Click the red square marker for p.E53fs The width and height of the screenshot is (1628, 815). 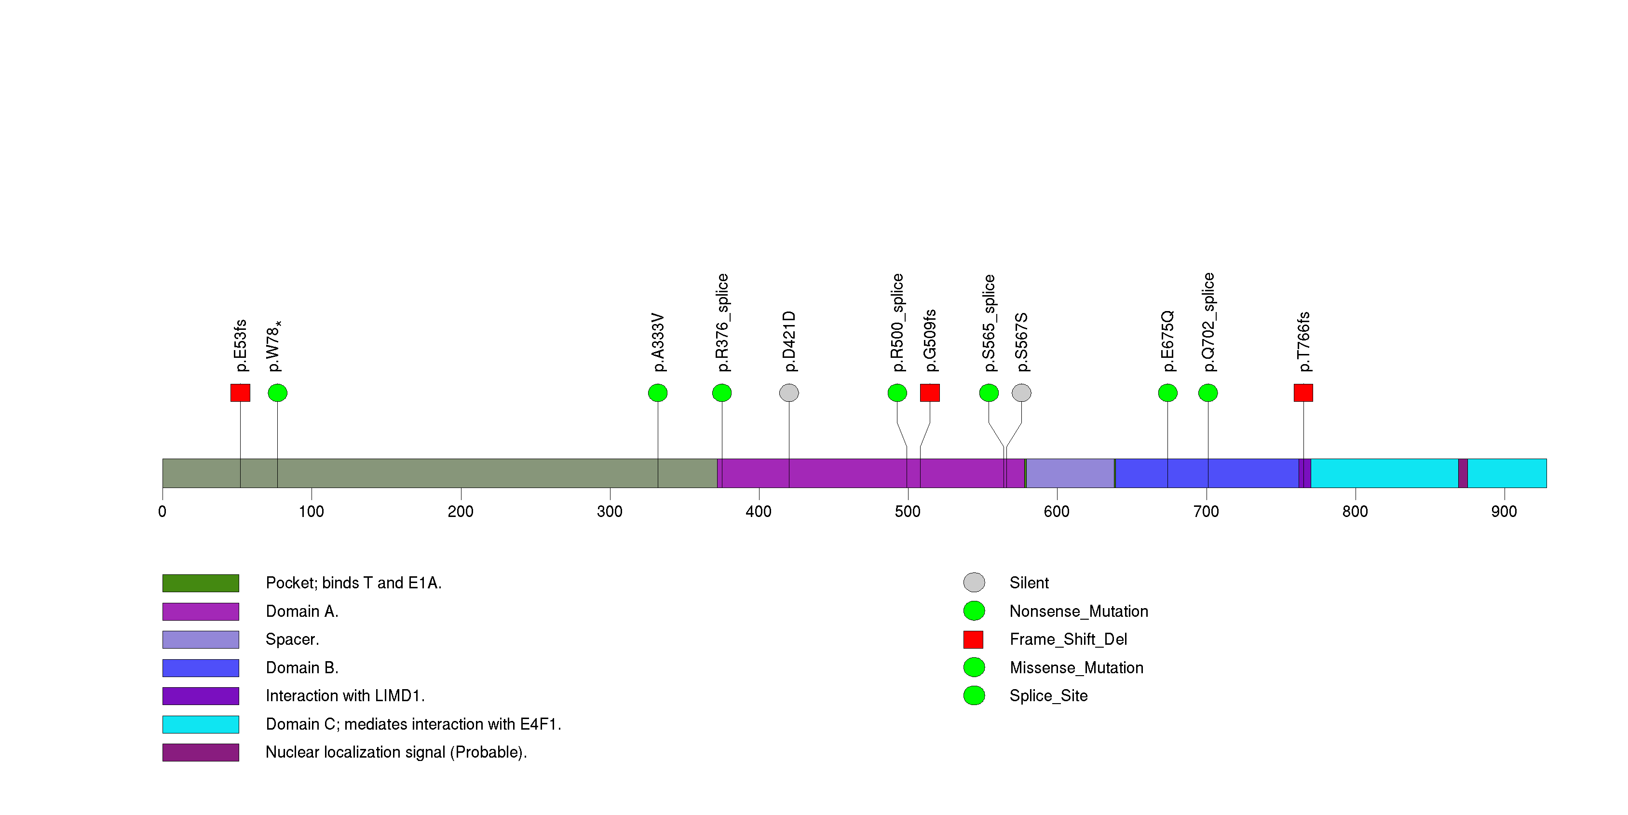(x=240, y=393)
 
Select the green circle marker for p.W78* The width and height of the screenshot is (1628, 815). (x=277, y=393)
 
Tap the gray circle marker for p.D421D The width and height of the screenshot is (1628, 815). (x=789, y=393)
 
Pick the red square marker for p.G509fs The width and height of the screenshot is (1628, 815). (x=930, y=393)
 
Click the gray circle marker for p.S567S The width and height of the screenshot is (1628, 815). (x=1021, y=393)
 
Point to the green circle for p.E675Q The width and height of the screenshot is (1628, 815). (x=1167, y=393)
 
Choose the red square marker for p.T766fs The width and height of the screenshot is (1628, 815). (x=1303, y=393)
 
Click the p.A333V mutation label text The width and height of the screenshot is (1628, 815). (x=658, y=342)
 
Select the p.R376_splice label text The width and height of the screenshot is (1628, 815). (x=722, y=323)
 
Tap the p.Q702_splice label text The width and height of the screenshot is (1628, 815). (x=1207, y=322)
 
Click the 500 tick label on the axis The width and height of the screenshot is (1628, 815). (x=907, y=511)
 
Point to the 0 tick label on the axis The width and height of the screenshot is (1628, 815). (x=163, y=511)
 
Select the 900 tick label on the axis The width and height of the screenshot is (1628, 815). (x=1504, y=511)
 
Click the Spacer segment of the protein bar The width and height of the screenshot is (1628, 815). (x=1070, y=473)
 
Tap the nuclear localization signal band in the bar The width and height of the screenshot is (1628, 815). (x=1463, y=473)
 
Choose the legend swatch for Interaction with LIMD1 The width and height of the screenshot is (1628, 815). (x=200, y=695)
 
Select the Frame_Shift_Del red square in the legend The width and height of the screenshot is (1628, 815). (x=973, y=639)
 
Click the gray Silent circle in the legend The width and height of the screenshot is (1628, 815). (x=973, y=582)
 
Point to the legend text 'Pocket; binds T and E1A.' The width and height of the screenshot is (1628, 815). (x=353, y=583)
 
